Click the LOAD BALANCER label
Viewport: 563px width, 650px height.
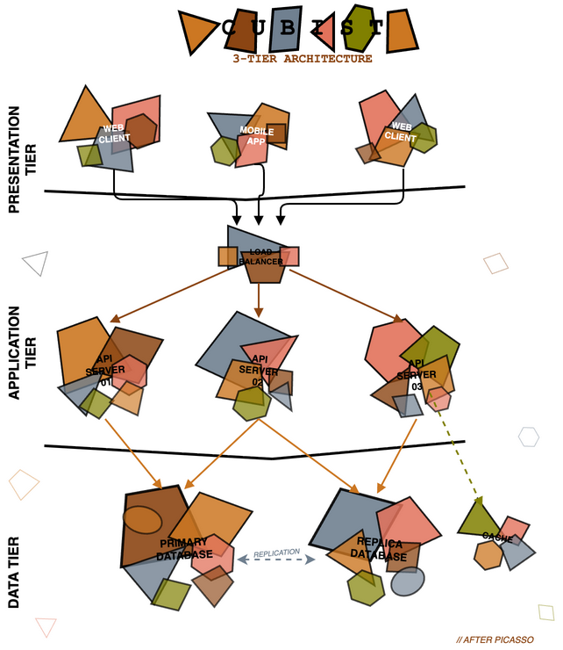coord(259,256)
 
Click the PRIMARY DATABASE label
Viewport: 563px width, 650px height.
coord(185,548)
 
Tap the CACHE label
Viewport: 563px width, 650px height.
coord(497,537)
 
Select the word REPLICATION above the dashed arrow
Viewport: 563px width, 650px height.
coord(276,553)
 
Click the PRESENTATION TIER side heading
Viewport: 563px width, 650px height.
coord(21,159)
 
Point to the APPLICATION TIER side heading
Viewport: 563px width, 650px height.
coord(21,353)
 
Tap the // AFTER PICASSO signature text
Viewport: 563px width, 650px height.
coord(495,639)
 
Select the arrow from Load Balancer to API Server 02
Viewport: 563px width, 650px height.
coord(258,300)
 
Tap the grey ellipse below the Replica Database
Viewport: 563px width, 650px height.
coord(407,581)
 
